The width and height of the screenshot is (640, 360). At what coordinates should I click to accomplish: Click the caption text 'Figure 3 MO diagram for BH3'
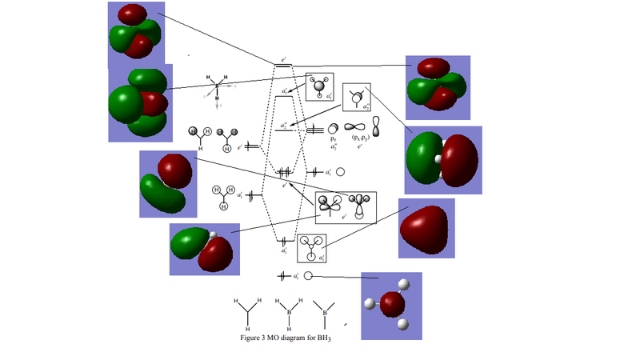(285, 338)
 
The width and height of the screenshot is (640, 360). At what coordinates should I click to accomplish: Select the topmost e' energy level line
(283, 66)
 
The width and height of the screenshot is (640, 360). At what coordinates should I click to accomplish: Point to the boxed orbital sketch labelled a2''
(357, 97)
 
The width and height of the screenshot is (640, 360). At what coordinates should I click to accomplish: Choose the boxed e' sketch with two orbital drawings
(345, 206)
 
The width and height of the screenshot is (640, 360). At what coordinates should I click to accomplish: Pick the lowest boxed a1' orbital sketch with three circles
(311, 248)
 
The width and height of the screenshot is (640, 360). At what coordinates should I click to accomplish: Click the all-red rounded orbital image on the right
(426, 228)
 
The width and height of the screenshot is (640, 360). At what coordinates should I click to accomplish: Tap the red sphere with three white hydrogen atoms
(391, 304)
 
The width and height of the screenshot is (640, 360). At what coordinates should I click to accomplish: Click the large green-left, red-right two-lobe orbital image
(442, 160)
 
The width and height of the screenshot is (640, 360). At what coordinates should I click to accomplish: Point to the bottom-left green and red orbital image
(204, 250)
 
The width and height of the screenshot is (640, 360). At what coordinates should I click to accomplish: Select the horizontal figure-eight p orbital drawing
(354, 126)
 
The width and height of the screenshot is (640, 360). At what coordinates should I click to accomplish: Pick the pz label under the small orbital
(333, 138)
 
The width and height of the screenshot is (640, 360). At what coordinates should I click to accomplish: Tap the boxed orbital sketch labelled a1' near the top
(319, 86)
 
